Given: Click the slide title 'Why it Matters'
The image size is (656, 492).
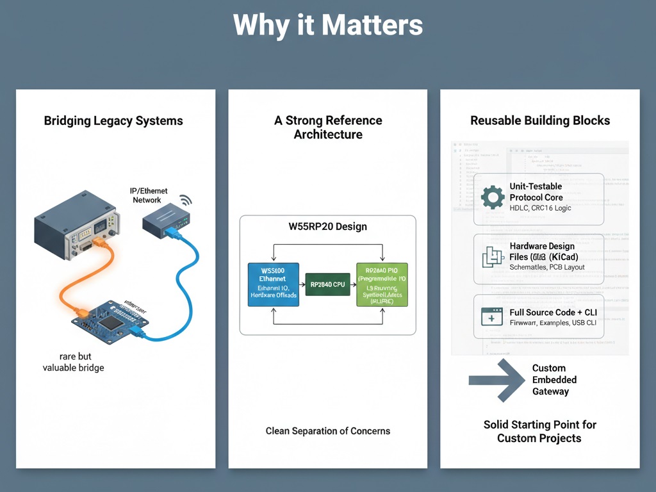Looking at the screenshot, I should point(328,26).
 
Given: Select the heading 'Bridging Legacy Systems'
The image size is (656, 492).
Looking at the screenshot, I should point(113,120).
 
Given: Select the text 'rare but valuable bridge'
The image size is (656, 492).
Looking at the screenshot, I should point(73,362).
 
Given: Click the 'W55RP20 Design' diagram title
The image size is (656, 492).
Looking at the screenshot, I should point(327,227).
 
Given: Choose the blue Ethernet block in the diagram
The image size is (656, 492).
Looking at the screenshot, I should point(273,284).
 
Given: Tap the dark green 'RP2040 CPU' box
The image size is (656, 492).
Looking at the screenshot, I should point(328,284).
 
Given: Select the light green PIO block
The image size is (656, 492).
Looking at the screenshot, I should point(382,284).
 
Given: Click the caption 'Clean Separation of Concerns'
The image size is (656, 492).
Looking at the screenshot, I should point(328,431).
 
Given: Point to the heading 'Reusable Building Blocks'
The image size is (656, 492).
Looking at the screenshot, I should point(540,120).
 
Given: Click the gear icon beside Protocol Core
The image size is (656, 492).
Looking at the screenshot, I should point(493,197).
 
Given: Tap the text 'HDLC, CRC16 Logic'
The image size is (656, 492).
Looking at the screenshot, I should point(540,208).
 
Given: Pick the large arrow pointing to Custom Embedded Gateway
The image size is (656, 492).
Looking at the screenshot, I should point(497,380).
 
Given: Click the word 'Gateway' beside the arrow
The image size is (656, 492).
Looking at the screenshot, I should point(550,391).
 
